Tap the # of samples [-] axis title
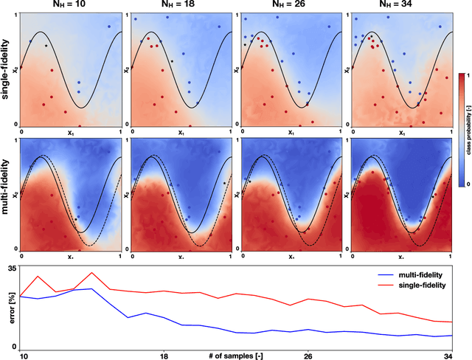click(236, 356)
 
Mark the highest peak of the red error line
click(91, 273)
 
